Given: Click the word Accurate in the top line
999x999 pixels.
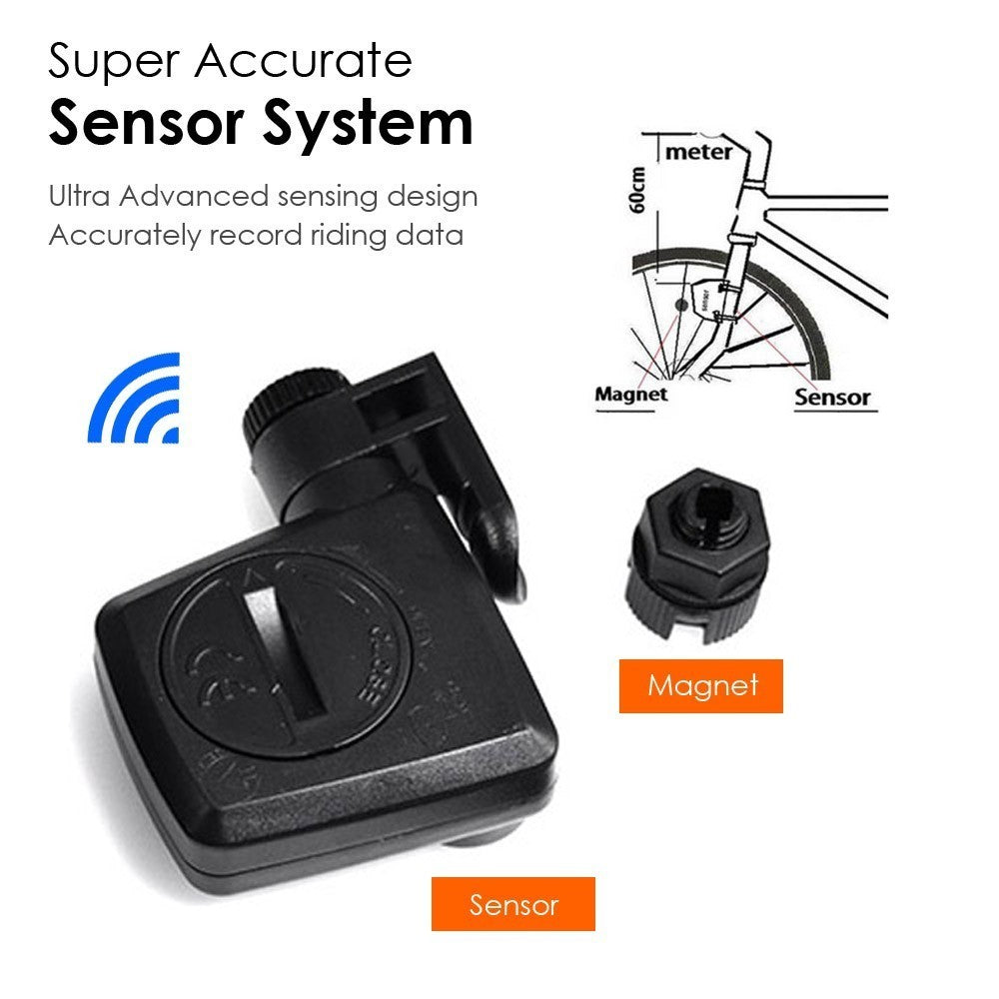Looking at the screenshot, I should (303, 62).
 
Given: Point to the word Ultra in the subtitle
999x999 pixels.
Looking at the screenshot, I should (79, 196).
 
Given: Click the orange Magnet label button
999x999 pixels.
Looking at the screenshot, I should (701, 685).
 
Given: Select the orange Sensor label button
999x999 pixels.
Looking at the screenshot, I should (513, 904).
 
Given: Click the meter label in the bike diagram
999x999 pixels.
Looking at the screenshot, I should (698, 152).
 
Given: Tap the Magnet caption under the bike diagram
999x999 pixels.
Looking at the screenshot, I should (630, 394).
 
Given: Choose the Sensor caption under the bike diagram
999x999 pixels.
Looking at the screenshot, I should (832, 397).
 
